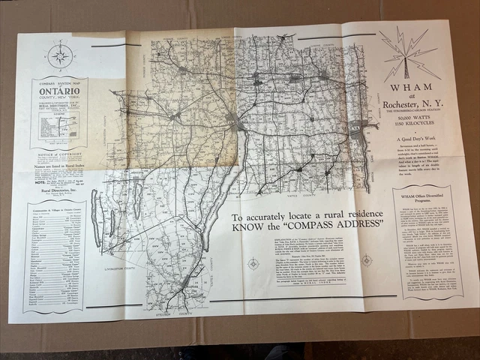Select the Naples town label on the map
[x=189, y=284]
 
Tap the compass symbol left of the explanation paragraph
[x=253, y=263]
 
